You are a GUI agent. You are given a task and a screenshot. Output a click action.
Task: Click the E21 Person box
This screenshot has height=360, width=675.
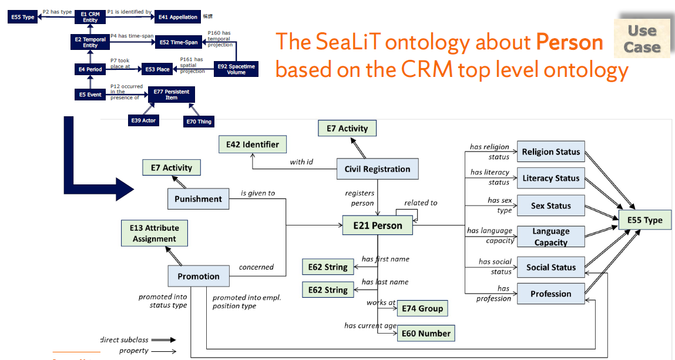pyautogui.click(x=378, y=226)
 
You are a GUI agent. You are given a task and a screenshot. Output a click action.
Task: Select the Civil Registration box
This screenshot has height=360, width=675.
pyautogui.click(x=377, y=169)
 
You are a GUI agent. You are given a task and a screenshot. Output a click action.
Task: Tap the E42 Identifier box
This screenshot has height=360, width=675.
pyautogui.click(x=248, y=144)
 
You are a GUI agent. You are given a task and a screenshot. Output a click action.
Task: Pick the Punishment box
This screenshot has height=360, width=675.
pyautogui.click(x=198, y=199)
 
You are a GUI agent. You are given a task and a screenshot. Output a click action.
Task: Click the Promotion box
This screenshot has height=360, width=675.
pyautogui.click(x=199, y=277)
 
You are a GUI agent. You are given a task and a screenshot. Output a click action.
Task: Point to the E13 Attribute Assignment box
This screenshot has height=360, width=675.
pyautogui.click(x=155, y=233)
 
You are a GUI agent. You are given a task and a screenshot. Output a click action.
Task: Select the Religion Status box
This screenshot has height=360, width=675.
pyautogui.click(x=550, y=152)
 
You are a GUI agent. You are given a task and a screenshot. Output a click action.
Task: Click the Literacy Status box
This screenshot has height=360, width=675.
pyautogui.click(x=550, y=179)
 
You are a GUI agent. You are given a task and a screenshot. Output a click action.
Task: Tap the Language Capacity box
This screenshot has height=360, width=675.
pyautogui.click(x=550, y=237)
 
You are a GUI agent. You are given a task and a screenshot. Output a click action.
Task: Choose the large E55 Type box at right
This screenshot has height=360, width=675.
pyautogui.click(x=644, y=220)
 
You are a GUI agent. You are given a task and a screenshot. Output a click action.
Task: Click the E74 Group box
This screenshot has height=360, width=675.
pyautogui.click(x=422, y=308)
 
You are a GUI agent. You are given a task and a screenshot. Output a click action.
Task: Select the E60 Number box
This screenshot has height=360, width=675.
pyautogui.click(x=426, y=334)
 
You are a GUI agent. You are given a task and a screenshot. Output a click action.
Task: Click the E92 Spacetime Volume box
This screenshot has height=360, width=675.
pyautogui.click(x=236, y=69)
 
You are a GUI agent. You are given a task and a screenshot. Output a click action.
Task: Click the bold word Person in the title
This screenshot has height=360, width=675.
pyautogui.click(x=569, y=42)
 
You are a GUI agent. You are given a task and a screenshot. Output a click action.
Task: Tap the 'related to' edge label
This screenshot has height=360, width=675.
pyautogui.click(x=421, y=203)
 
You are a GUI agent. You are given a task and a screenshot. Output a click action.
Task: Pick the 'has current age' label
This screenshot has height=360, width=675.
pyautogui.click(x=371, y=325)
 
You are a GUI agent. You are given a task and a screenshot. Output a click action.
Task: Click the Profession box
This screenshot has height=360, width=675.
pyautogui.click(x=550, y=294)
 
